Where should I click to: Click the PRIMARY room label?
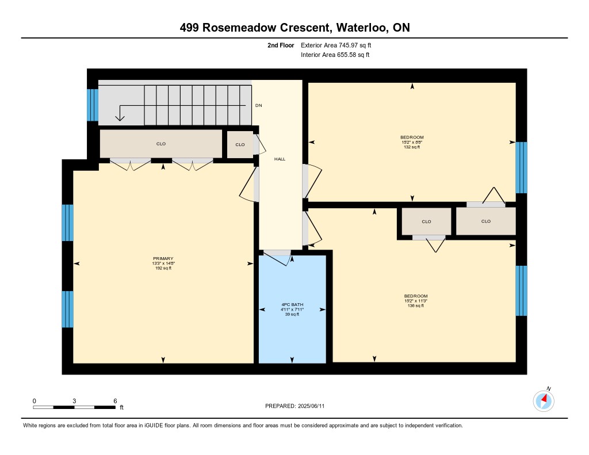(x=163, y=258)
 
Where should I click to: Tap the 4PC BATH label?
(x=292, y=305)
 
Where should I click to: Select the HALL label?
(x=280, y=159)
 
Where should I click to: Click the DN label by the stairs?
(x=258, y=105)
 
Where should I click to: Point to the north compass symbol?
(x=544, y=400)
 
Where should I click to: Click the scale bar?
(x=74, y=407)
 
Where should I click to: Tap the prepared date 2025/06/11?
(x=311, y=406)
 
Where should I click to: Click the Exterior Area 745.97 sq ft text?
(x=336, y=45)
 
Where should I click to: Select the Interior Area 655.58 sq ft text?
(x=335, y=55)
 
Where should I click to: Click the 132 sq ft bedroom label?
(x=412, y=147)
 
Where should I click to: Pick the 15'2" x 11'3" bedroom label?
(x=416, y=301)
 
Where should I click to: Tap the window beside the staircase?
(x=93, y=105)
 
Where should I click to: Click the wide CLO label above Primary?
(x=161, y=144)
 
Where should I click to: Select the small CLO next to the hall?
(x=240, y=144)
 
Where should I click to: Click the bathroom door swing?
(x=278, y=258)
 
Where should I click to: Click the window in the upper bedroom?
(x=521, y=167)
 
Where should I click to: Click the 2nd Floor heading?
(x=281, y=45)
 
